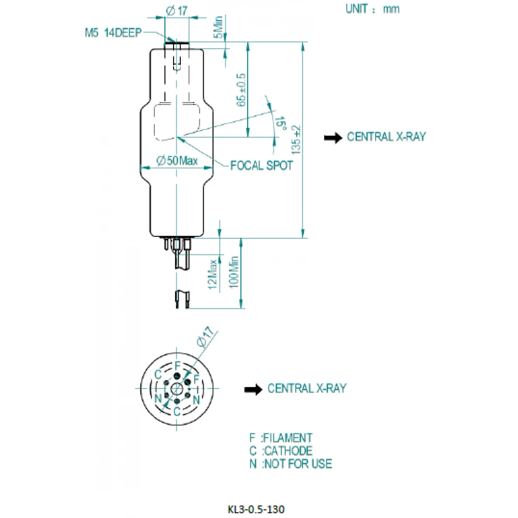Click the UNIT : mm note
pyautogui.click(x=372, y=9)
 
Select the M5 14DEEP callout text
pyautogui.click(x=113, y=33)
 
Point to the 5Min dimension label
pyautogui.click(x=218, y=27)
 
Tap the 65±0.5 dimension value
pyautogui.click(x=241, y=90)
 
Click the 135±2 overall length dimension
pyautogui.click(x=296, y=139)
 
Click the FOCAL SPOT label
pyautogui.click(x=261, y=166)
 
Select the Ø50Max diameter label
pyautogui.click(x=177, y=161)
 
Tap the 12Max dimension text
pyautogui.click(x=212, y=274)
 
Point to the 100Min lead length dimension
pyautogui.click(x=234, y=272)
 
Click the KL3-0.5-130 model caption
pyautogui.click(x=256, y=509)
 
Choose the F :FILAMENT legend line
pyautogui.click(x=281, y=438)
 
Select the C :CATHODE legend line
pyautogui.click(x=281, y=451)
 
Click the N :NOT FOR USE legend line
pyautogui.click(x=291, y=464)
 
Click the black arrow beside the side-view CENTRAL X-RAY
pyautogui.click(x=333, y=138)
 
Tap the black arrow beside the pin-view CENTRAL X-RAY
pyautogui.click(x=253, y=390)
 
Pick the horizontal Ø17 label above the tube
pyautogui.click(x=177, y=11)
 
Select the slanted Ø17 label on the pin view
pyautogui.click(x=206, y=336)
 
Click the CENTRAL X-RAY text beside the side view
pyautogui.click(x=386, y=137)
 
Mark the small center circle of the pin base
pyautogui.click(x=177, y=389)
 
